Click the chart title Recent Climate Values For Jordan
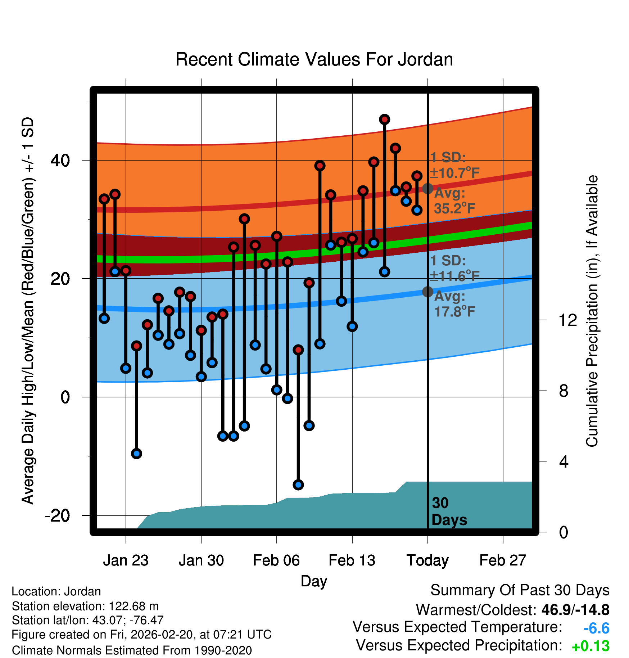(314, 59)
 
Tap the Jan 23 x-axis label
(126, 560)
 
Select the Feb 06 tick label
(276, 560)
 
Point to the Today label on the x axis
(427, 560)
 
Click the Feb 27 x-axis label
(503, 560)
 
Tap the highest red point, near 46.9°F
(385, 120)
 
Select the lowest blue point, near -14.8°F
(298, 485)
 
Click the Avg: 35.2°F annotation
(454, 201)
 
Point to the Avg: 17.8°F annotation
(454, 304)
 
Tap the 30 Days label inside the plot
(449, 511)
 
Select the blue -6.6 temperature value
(596, 628)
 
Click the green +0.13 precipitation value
(590, 646)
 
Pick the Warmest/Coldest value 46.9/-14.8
(575, 610)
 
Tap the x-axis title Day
(314, 581)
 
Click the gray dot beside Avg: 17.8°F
(427, 292)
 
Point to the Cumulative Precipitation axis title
(592, 311)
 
